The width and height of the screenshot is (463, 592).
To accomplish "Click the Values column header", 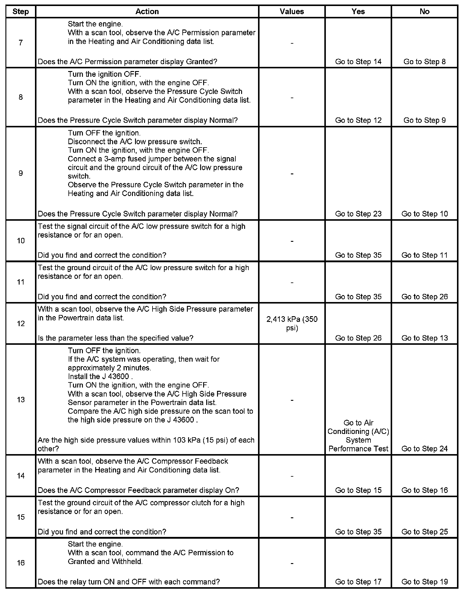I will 291,11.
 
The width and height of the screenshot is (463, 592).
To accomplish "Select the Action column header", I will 147,11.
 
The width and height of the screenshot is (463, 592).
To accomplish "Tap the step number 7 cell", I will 20,43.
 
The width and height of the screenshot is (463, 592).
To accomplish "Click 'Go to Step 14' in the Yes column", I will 358,62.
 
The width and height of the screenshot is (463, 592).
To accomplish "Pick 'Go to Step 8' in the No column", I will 424,62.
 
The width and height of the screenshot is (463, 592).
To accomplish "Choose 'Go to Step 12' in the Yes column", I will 358,120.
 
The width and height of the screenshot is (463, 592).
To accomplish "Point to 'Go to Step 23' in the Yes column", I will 358,214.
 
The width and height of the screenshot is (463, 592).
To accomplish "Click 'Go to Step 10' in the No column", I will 424,214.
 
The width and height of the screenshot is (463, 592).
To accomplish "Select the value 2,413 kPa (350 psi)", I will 292,323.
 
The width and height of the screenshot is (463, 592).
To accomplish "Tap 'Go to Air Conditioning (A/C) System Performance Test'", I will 358,436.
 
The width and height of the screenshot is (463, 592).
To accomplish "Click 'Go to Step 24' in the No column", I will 424,449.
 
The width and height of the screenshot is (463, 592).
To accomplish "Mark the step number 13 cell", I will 20,400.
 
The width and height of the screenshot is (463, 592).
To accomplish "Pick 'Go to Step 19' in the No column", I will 424,582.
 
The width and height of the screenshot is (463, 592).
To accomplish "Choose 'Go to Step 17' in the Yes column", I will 358,582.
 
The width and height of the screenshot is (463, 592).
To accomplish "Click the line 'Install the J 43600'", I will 100,376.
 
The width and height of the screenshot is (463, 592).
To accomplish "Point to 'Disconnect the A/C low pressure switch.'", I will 135,142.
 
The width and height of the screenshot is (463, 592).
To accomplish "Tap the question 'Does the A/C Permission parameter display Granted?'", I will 127,62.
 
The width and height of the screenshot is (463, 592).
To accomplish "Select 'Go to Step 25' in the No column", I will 424,532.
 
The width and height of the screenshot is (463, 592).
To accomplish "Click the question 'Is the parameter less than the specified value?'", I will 115,338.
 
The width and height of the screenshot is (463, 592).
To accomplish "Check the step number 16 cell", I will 20,563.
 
